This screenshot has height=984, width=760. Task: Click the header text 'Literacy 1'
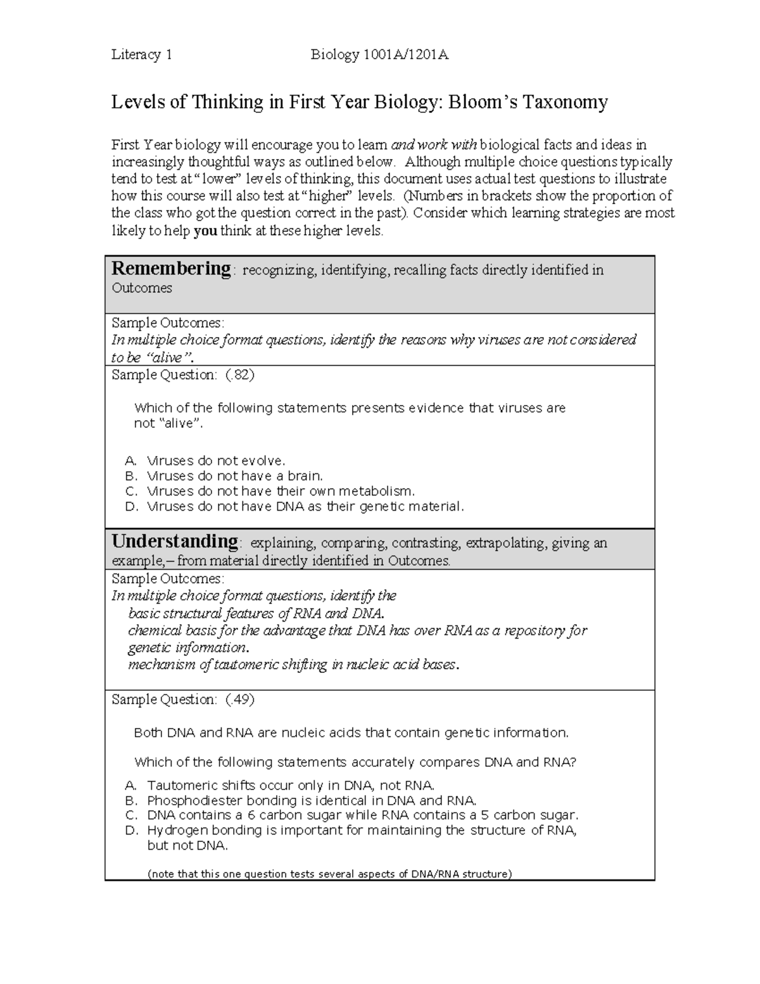[142, 55]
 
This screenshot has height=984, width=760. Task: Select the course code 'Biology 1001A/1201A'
[379, 55]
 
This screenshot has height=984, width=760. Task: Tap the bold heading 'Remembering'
[171, 269]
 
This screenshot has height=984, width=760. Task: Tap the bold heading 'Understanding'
[175, 542]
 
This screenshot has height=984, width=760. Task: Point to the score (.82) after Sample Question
[240, 375]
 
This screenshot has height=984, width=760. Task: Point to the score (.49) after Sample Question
[240, 700]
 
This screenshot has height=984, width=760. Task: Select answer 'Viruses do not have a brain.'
[234, 476]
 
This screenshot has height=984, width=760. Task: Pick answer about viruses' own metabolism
[281, 491]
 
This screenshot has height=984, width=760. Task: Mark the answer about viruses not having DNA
[305, 506]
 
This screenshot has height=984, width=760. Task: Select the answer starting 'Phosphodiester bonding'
[311, 800]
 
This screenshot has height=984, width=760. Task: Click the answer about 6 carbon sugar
[362, 815]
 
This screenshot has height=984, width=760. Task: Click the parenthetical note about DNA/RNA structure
[329, 874]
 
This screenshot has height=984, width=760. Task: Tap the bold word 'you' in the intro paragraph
[205, 231]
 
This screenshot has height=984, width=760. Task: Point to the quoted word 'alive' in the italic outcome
[167, 357]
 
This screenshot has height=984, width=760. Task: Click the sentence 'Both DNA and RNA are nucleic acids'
[351, 733]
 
